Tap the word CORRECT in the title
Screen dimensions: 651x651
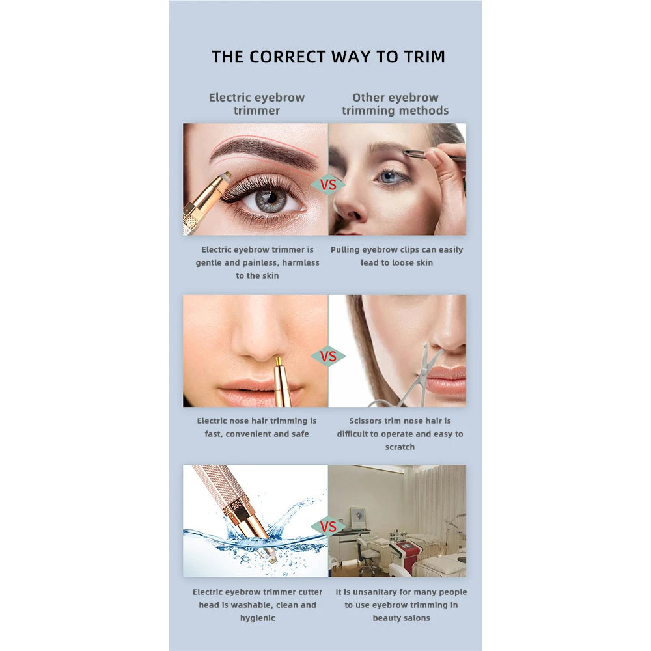click(287, 57)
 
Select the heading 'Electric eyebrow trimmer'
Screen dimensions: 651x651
click(256, 104)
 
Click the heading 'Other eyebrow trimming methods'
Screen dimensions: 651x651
click(395, 104)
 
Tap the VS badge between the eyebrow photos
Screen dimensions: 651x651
click(328, 185)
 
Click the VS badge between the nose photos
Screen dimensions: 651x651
click(328, 356)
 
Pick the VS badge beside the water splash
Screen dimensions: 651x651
click(328, 527)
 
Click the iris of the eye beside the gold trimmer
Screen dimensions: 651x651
click(271, 199)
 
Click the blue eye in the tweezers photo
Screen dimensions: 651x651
click(388, 177)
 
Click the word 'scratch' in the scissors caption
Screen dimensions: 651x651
click(400, 447)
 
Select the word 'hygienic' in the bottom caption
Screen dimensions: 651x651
click(257, 618)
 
